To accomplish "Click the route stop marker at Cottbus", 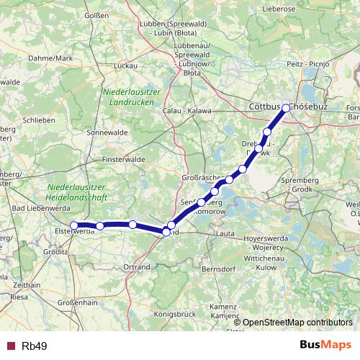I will tap(286, 108).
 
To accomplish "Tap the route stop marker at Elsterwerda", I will tap(74, 225).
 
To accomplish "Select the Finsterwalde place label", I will tap(125, 158).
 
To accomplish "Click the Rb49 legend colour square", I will tap(11, 346).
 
